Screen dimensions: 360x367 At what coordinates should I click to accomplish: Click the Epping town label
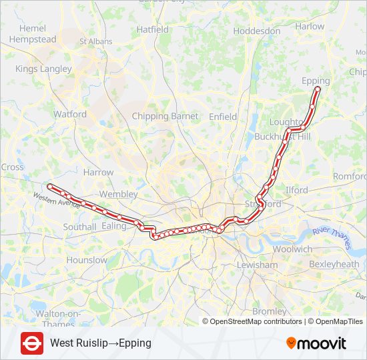pyautogui.click(x=316, y=81)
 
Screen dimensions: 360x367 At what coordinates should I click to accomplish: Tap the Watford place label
pyautogui.click(x=70, y=114)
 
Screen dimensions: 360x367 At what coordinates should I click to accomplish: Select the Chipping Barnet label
pyautogui.click(x=165, y=116)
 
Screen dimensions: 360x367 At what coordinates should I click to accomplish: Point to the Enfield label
pyautogui.click(x=223, y=117)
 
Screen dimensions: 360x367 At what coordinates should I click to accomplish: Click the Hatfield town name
pyautogui.click(x=153, y=30)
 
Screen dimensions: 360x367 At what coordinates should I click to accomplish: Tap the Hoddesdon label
pyautogui.click(x=258, y=31)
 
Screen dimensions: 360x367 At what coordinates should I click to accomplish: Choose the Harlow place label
pyautogui.click(x=310, y=27)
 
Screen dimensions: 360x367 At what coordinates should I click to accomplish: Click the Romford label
pyautogui.click(x=349, y=177)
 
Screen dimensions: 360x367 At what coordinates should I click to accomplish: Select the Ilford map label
pyautogui.click(x=297, y=190)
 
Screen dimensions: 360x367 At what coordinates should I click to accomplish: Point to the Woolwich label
pyautogui.click(x=292, y=249)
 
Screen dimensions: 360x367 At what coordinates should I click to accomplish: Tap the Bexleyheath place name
pyautogui.click(x=334, y=265)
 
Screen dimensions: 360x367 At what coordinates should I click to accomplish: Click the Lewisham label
pyautogui.click(x=258, y=265)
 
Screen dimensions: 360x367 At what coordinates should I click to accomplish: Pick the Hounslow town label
pyautogui.click(x=87, y=260)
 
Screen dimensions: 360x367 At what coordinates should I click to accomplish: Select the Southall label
pyautogui.click(x=79, y=227)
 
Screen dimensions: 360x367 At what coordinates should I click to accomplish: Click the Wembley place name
pyautogui.click(x=118, y=194)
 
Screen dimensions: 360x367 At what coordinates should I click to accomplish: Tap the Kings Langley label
pyautogui.click(x=43, y=69)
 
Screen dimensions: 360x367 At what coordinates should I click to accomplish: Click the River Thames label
pyautogui.click(x=331, y=239)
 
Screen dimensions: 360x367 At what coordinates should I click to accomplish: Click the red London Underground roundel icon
pyautogui.click(x=32, y=343)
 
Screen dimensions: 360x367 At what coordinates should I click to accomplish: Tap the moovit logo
pyautogui.click(x=316, y=343)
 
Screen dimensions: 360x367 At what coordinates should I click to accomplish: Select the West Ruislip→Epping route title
pyautogui.click(x=101, y=343)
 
